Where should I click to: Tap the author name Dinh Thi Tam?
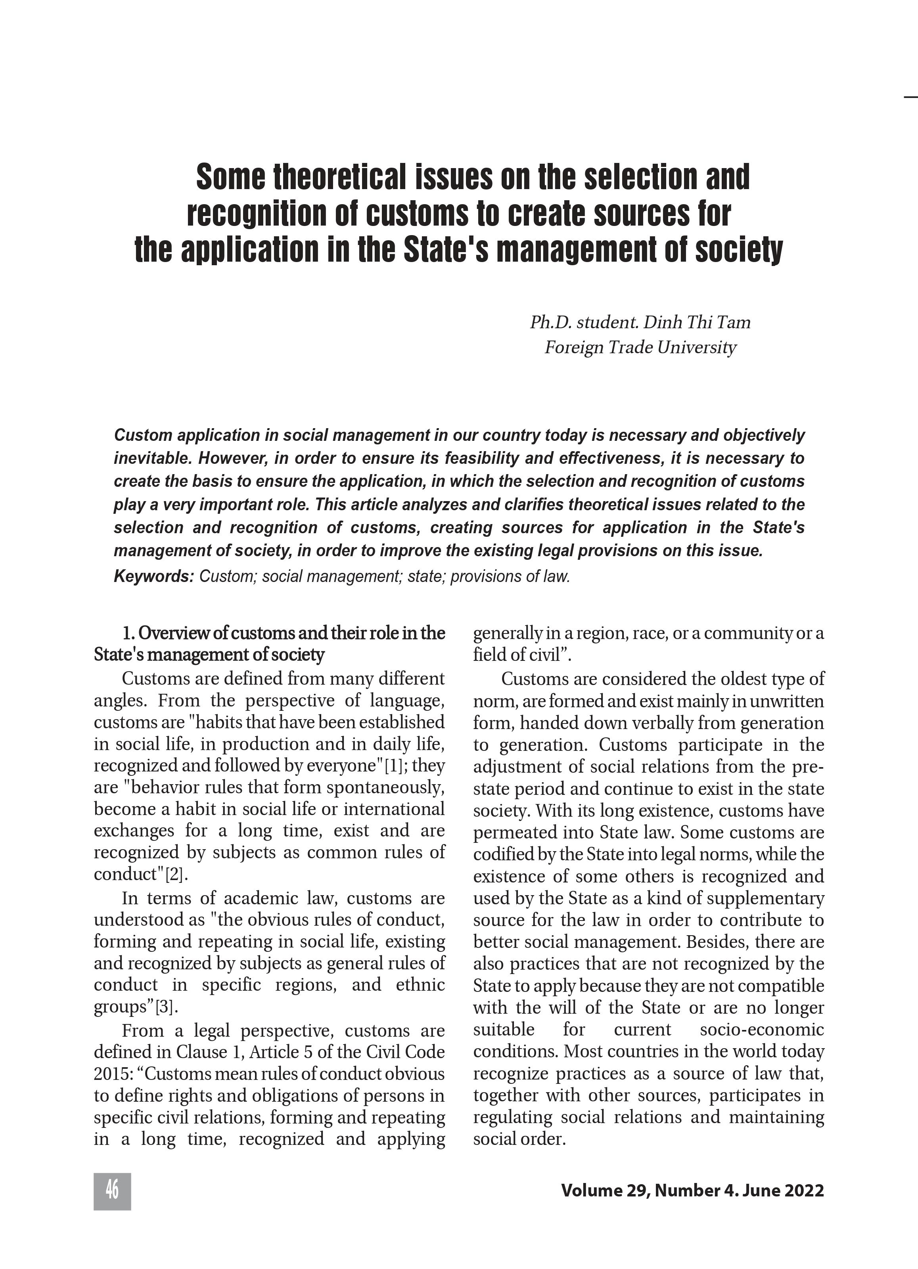point(697,323)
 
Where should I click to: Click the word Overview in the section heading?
point(174,634)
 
